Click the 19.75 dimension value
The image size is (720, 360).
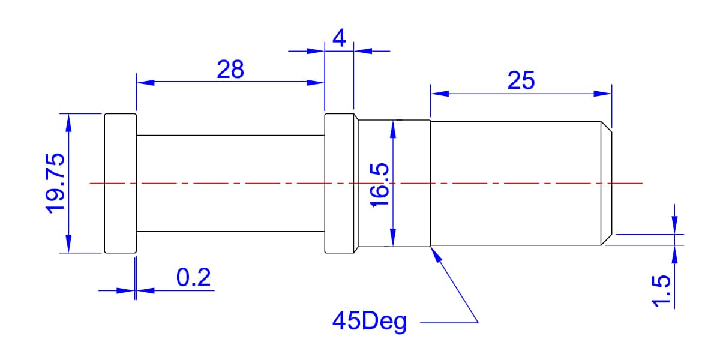coord(55,184)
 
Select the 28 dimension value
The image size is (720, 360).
coord(230,69)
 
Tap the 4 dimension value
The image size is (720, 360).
coord(339,38)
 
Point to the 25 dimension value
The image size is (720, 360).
coord(521,80)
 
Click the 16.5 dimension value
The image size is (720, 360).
coord(379,185)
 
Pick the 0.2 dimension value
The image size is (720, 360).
coord(193,277)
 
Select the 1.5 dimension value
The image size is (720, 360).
coord(661,291)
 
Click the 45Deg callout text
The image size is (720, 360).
coord(370,322)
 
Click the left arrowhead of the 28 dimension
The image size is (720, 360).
coord(145,83)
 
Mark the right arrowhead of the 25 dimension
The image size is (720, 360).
coord(602,94)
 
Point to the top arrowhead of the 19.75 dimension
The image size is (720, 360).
coord(68,123)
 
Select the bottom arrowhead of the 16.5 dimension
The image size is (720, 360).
coord(393,238)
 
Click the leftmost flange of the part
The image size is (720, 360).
coord(121,183)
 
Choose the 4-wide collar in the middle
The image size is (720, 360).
coord(340,183)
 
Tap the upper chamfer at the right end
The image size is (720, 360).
coord(607,127)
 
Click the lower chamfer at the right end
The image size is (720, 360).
coord(607,240)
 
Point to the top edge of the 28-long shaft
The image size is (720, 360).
coord(230,136)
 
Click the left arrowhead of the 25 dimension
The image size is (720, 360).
coord(440,94)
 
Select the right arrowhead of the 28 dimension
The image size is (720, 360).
coord(316,83)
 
